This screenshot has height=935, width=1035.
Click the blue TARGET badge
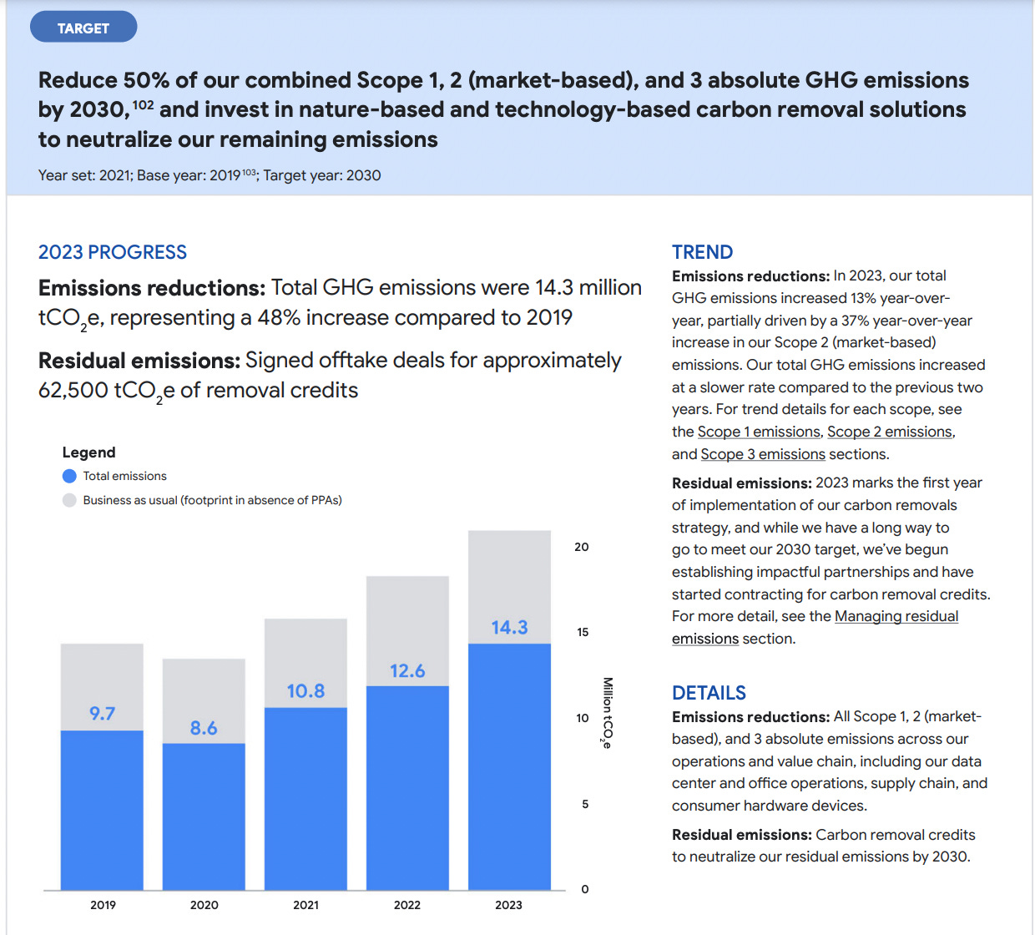[x=83, y=28]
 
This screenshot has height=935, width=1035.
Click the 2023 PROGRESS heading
[x=113, y=252]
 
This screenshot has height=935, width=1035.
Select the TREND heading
[x=702, y=252]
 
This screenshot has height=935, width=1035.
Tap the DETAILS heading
[x=709, y=693]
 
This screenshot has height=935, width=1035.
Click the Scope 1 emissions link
[x=759, y=432]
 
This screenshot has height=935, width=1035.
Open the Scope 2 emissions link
[x=889, y=432]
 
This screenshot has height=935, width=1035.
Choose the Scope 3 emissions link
[x=763, y=454]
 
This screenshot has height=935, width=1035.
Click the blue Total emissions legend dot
[x=69, y=476]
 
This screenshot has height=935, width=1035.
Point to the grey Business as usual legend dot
[x=69, y=500]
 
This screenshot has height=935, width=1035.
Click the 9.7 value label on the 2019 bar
[x=102, y=714]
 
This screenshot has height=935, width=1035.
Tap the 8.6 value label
[x=204, y=728]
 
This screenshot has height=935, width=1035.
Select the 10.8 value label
[x=305, y=691]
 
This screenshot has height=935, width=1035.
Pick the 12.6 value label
[x=407, y=671]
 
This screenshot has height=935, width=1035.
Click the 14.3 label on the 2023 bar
[x=509, y=628]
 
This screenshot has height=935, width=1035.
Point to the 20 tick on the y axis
[x=582, y=548]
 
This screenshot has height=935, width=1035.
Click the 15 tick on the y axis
[x=583, y=633]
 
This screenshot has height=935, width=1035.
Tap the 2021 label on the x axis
[x=305, y=905]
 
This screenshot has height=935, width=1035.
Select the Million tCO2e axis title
[x=608, y=712]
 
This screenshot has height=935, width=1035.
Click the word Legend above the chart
[x=88, y=452]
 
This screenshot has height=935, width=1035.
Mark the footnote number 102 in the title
[x=143, y=104]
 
